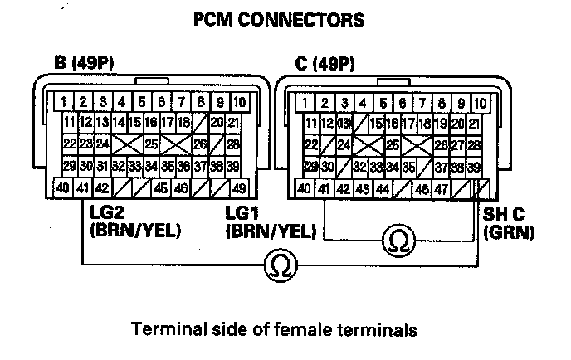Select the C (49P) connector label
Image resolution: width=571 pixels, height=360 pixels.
pos(325,63)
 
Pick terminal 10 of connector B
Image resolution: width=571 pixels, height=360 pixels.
pos(237,103)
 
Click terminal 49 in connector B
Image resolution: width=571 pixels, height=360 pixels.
pos(238,188)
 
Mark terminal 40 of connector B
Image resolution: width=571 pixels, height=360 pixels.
pos(62,188)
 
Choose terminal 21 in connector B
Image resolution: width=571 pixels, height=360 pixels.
pos(235,123)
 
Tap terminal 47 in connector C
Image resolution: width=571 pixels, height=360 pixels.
pos(441,188)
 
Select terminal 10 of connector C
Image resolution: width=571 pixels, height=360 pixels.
pos(480,103)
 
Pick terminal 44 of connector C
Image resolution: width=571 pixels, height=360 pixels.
pos(383,188)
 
